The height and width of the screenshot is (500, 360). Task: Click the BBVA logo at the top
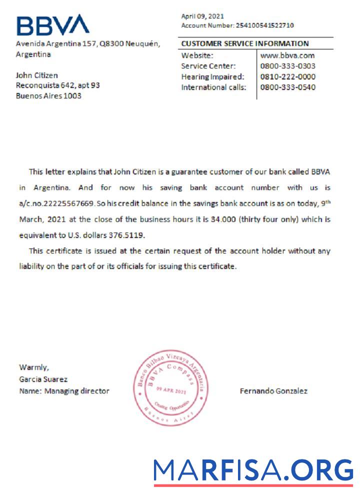point(52,25)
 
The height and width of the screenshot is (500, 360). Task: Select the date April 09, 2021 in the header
point(202,16)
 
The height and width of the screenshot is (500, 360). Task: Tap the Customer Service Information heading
point(245,43)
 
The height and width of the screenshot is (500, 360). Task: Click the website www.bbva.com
point(287,55)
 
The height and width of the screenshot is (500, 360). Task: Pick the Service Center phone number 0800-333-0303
point(288,66)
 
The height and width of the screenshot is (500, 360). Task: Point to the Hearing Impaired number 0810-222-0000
point(288,76)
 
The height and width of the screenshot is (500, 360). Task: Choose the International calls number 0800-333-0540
point(288,87)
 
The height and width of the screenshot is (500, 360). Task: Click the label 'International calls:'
point(213,87)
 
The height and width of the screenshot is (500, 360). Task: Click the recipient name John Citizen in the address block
point(37,75)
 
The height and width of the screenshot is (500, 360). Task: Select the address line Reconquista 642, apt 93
point(58,85)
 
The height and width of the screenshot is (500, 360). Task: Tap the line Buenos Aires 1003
point(48,95)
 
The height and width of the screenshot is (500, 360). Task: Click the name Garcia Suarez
point(43,379)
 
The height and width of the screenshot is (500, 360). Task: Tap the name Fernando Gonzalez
point(273,391)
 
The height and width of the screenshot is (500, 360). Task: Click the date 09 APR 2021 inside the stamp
point(171,389)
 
